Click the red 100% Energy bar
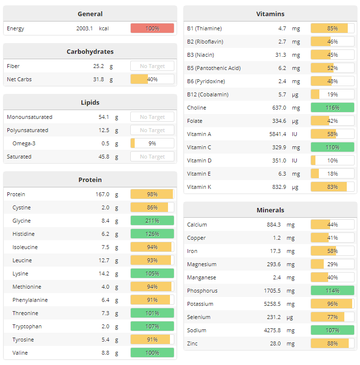click(x=152, y=28)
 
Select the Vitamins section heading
click(x=270, y=14)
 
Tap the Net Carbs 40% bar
click(x=152, y=79)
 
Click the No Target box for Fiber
click(x=152, y=66)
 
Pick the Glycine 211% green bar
click(x=152, y=221)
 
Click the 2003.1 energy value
click(x=84, y=28)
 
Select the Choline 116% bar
click(x=332, y=108)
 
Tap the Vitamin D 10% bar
click(x=332, y=160)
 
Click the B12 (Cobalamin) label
click(x=208, y=94)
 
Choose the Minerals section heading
click(x=270, y=210)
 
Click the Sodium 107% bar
click(x=332, y=330)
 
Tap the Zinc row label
click(x=193, y=343)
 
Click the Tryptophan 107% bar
click(x=152, y=326)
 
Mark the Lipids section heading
click(x=90, y=102)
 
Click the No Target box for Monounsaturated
click(x=152, y=117)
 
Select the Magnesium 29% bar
click(x=332, y=264)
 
